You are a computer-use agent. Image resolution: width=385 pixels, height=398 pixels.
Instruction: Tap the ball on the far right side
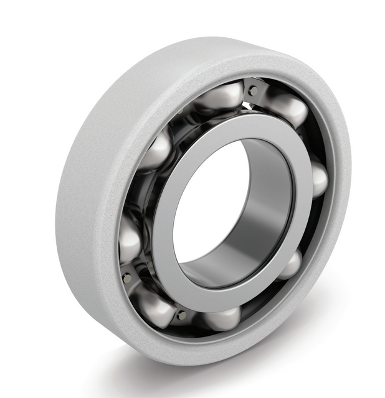pyautogui.click(x=316, y=179)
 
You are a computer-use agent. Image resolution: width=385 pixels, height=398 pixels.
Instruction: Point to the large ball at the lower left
pyautogui.click(x=153, y=304)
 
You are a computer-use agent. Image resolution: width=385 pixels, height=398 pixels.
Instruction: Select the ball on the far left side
pyautogui.click(x=130, y=239)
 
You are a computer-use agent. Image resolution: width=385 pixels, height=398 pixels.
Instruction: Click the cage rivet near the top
pyautogui.click(x=252, y=91)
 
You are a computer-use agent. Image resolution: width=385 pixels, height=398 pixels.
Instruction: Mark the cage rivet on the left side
pyautogui.click(x=127, y=277)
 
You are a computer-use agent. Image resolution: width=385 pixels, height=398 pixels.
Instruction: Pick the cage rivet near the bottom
pyautogui.click(x=181, y=315)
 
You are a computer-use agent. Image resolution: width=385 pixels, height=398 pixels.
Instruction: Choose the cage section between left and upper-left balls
pyautogui.click(x=134, y=193)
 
